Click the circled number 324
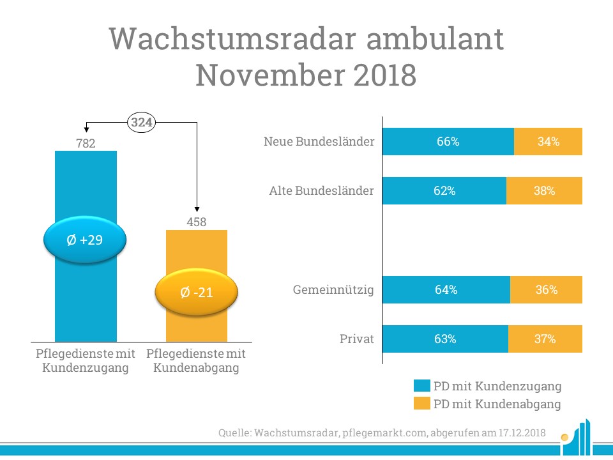pos(142,122)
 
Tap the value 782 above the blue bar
pos(86,144)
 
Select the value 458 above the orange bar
pos(197,222)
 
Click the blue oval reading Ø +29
pos(86,240)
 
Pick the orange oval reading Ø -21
pos(197,293)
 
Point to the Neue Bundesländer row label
pos(319,142)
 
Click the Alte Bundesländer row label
pos(321,191)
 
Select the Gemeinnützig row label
pos(333,290)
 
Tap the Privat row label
pos(356,339)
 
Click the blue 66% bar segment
pos(448,142)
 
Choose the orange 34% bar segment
pos(548,142)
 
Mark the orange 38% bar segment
pos(544,191)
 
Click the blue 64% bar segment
pos(446,290)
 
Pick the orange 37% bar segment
pos(545,339)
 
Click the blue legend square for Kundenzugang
pos(421,386)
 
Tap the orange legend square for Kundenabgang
pos(421,404)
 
